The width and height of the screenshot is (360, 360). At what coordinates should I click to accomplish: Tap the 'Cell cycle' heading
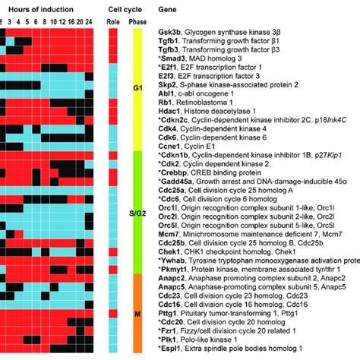click(127, 8)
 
